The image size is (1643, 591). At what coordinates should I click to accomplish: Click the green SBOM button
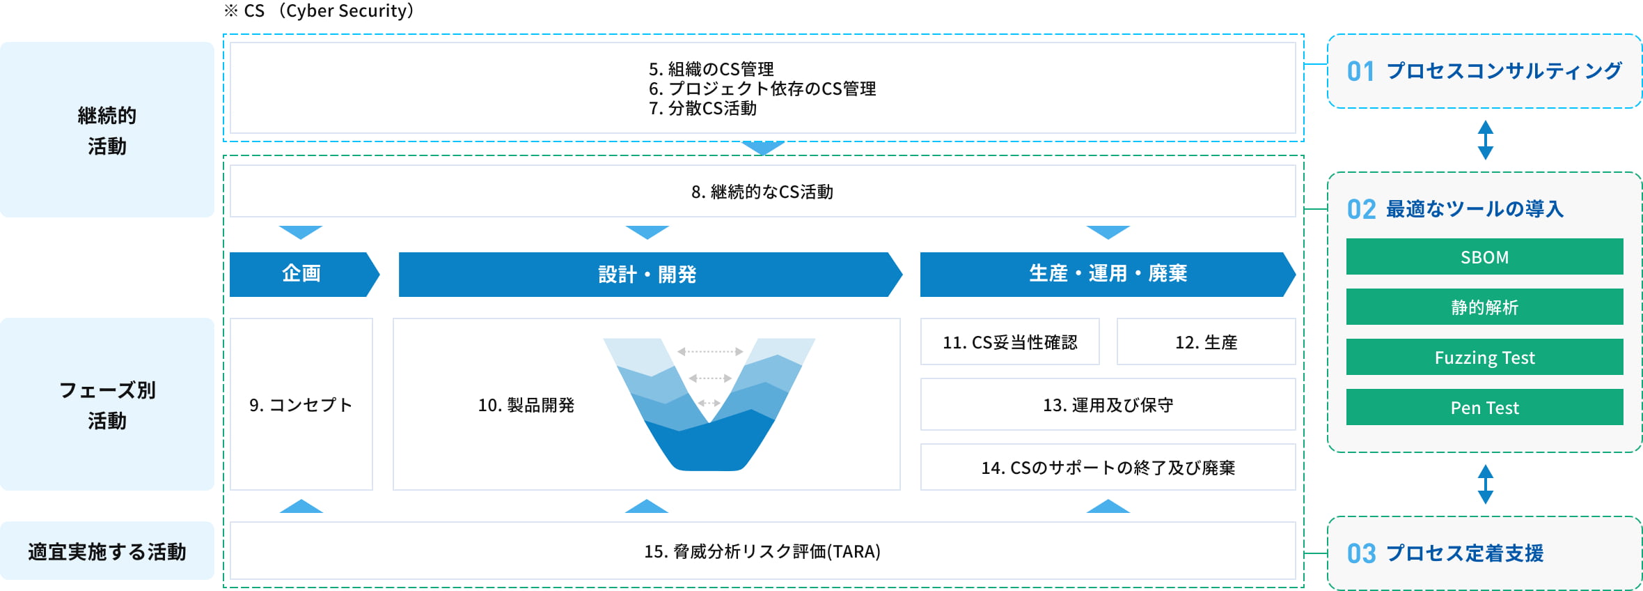pos(1484,257)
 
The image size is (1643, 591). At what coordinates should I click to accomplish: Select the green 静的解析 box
pos(1484,307)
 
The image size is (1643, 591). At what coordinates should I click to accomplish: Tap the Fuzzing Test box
pos(1484,358)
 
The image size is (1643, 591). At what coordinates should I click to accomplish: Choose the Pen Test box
pos(1484,408)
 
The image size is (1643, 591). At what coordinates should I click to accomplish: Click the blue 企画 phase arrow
pos(301,274)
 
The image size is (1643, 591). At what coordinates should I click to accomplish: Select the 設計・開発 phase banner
pos(647,275)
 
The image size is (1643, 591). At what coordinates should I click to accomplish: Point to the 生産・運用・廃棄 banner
pos(1107,274)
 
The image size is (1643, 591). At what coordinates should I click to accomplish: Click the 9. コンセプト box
pos(301,405)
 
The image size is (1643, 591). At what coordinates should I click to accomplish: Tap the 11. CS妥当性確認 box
pos(1009,342)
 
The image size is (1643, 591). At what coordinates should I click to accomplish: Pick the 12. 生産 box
pos(1206,342)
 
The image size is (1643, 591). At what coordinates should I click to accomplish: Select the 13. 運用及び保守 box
pos(1108,405)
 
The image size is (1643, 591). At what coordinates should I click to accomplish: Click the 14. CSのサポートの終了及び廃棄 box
pos(1108,468)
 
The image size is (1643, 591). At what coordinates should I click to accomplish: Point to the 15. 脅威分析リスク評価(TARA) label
pos(762,551)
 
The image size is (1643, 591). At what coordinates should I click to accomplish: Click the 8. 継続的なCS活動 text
pos(762,192)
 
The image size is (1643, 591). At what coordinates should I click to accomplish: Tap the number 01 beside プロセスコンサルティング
pos(1360,71)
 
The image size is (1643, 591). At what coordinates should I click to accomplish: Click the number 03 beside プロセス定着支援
pos(1361,553)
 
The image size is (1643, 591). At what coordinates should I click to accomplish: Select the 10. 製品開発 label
pos(526,405)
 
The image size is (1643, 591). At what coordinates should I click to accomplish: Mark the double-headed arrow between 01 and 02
pos(1485,140)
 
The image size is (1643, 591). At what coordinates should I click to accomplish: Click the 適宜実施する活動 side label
pos(107,551)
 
